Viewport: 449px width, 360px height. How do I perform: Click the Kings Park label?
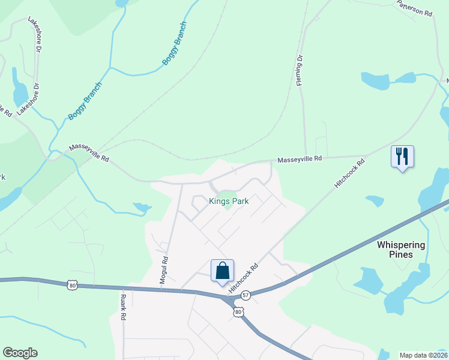pos(228,202)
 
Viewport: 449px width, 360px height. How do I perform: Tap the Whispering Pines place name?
pos(401,250)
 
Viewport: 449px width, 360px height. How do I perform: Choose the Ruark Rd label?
pos(122,306)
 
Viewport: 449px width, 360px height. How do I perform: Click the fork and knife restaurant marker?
pos(402,157)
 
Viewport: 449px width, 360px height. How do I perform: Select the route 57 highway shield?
pos(246,295)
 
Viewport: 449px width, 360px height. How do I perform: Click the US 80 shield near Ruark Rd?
pos(72,285)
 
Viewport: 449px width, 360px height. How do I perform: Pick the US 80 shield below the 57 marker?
pos(239,312)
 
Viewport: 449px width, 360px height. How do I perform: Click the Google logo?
pos(20,353)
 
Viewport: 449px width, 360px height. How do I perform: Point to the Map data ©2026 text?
pos(423,355)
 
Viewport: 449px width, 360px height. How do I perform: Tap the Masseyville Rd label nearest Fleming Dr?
pos(300,159)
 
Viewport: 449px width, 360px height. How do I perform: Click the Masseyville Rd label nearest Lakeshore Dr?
pos(89,154)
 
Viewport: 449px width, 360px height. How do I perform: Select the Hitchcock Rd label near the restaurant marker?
pos(350,175)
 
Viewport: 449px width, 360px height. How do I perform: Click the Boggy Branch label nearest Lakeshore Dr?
pos(85,100)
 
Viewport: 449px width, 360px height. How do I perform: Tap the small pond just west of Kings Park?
pos(142,208)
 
